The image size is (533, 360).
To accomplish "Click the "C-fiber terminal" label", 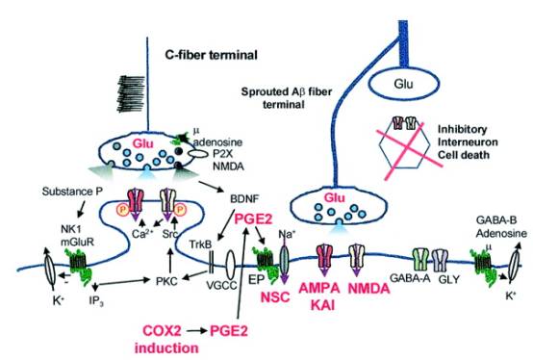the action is click(211, 55).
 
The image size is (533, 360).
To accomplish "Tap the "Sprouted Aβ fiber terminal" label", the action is click(286, 98).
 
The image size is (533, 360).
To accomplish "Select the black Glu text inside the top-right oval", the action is click(403, 84).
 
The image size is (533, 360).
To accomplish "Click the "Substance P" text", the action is click(72, 192).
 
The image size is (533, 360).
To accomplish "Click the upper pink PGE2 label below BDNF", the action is click(254, 219).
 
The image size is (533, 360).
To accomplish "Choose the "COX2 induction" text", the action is click(166, 339).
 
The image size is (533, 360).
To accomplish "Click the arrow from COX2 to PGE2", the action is click(196, 330).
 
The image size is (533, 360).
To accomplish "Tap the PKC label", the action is click(166, 281).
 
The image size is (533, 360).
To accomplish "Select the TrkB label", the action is click(200, 244).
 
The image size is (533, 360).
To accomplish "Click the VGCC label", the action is click(221, 285).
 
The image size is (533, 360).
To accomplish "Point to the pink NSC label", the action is click(275, 297).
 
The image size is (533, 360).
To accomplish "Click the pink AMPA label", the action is click(319, 288).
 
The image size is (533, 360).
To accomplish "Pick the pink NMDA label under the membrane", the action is click(369, 289).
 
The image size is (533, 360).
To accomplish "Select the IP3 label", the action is click(96, 301).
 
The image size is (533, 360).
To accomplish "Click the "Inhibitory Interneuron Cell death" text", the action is click(468, 142).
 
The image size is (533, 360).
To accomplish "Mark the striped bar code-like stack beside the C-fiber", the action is click(131, 93).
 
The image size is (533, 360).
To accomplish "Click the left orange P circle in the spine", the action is click(122, 210).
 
